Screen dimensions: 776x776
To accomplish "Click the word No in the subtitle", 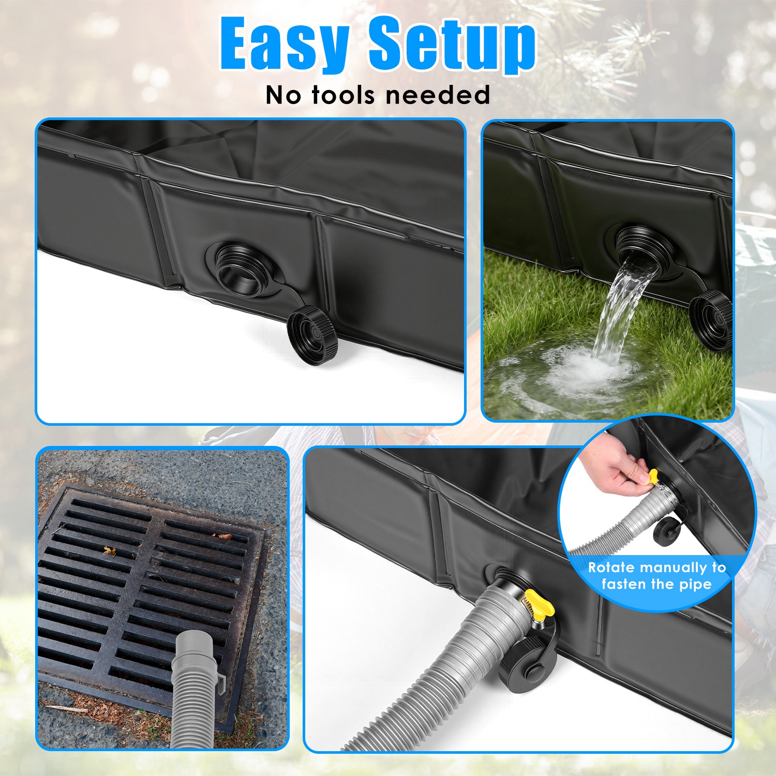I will point(284,95).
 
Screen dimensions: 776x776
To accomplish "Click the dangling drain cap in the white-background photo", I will point(312,335).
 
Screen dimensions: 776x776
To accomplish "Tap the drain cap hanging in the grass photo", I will point(712,318).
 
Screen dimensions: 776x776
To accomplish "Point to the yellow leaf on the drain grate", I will point(109,550).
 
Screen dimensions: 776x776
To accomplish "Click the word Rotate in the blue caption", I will point(611,568).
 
